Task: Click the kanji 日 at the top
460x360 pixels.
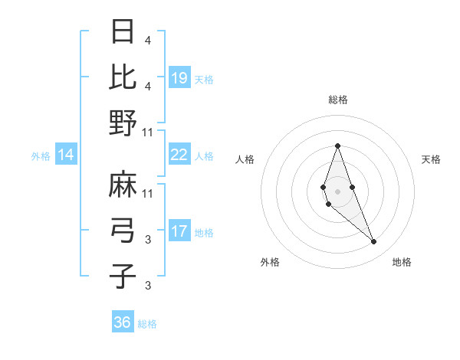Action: (123, 33)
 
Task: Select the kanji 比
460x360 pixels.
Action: (123, 77)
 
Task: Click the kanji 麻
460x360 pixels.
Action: (123, 185)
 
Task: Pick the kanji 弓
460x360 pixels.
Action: (123, 229)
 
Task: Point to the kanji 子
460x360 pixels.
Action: (123, 275)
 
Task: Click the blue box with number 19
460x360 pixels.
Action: (179, 78)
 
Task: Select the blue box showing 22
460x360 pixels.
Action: (179, 155)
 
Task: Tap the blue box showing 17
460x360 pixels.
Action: (179, 231)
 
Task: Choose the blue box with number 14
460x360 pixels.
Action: (66, 155)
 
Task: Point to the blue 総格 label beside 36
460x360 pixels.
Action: (147, 324)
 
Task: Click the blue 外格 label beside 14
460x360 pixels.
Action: (41, 156)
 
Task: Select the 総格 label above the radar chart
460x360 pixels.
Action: (337, 100)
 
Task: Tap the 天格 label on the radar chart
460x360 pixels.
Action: (432, 159)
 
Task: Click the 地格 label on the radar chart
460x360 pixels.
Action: (402, 262)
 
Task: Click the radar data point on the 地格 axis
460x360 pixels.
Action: (373, 242)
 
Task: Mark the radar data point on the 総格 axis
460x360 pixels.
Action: (337, 146)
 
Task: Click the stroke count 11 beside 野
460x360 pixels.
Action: (149, 131)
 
